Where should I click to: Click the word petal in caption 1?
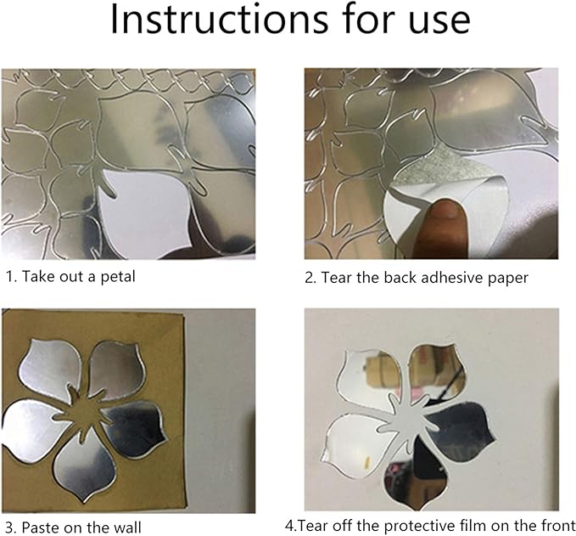pos(116,276)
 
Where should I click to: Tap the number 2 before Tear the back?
pos(309,276)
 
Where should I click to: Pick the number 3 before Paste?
pos(8,527)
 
